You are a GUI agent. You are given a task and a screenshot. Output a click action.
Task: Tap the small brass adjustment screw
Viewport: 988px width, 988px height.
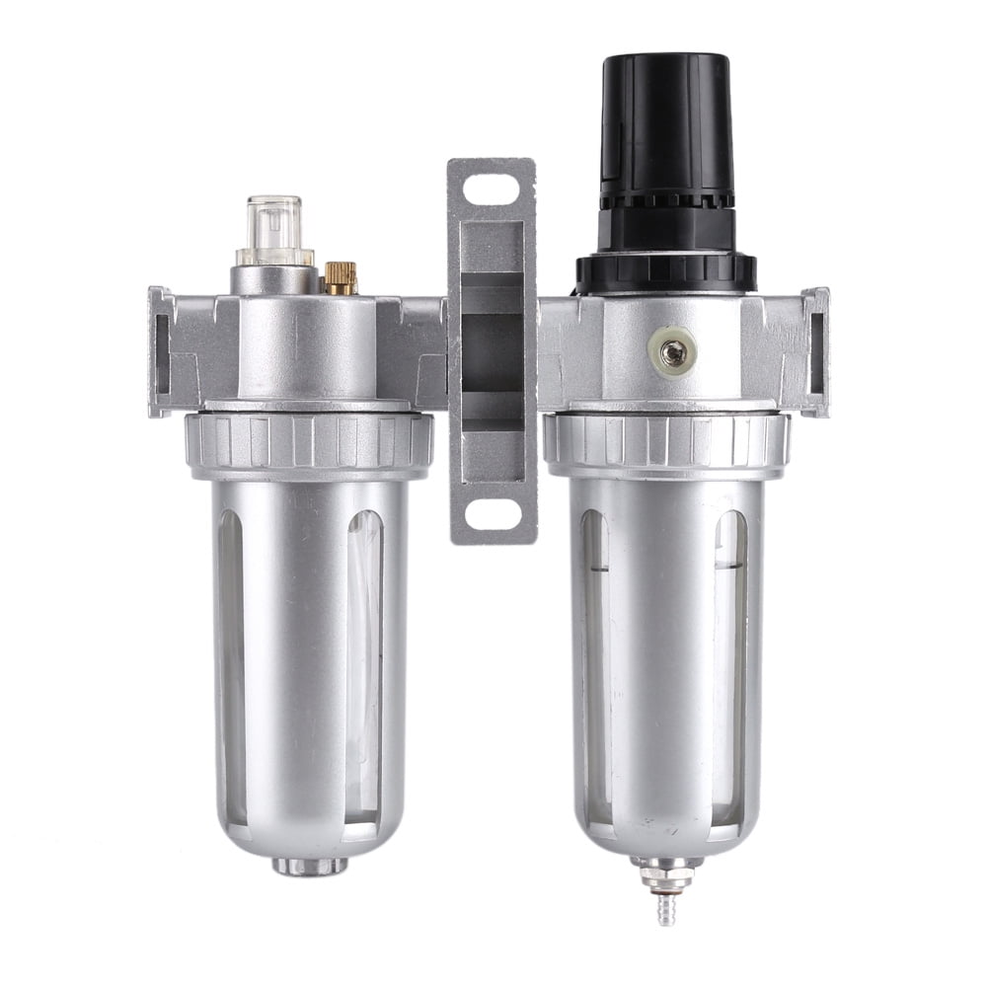pos(340,278)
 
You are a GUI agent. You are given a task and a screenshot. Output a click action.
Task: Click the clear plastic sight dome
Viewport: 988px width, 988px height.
pos(273,230)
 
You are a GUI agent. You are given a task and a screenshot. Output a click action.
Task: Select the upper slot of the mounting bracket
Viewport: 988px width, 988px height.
pos(492,187)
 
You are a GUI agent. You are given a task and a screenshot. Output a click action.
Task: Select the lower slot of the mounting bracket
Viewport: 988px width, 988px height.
pos(493,512)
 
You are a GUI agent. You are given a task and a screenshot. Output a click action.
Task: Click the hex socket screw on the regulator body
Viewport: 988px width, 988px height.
pos(677,349)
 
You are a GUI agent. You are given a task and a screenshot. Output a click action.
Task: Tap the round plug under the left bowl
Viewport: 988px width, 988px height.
pos(310,866)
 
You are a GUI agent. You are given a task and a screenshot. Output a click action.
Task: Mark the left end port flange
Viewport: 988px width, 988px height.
pos(160,351)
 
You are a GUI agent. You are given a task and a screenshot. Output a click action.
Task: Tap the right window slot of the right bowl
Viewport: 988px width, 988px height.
pos(729,661)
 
